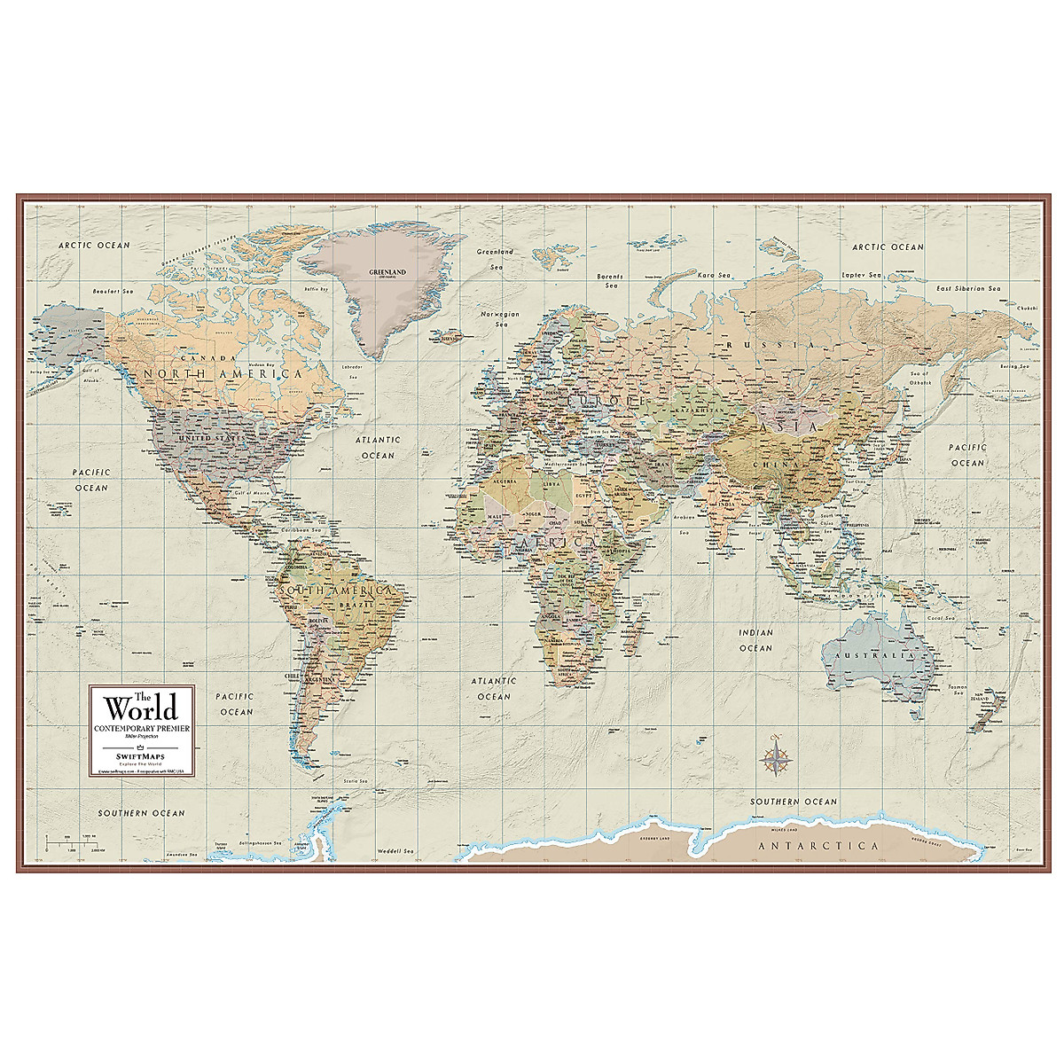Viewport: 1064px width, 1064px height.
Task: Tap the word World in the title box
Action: tap(142, 708)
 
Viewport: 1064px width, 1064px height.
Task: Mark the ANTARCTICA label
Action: tap(818, 846)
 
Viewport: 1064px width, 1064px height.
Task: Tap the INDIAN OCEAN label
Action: tap(756, 640)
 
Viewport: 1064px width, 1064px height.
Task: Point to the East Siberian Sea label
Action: tap(968, 288)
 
